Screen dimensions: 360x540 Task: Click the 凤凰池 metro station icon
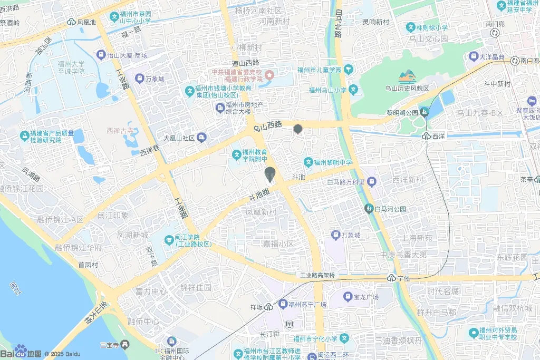click(x=71, y=22)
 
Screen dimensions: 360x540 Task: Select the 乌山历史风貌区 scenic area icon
click(x=407, y=77)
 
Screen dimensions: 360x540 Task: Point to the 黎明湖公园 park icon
click(x=425, y=112)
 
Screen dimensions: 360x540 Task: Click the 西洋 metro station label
click(x=439, y=136)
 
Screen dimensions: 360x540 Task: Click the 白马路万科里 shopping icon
click(x=372, y=182)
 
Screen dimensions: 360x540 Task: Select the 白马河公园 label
click(x=391, y=209)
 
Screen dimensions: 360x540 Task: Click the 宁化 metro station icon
click(x=391, y=278)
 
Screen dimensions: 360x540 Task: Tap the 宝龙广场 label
click(x=367, y=297)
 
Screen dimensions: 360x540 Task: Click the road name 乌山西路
click(x=267, y=127)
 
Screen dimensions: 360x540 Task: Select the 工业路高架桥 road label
click(x=317, y=275)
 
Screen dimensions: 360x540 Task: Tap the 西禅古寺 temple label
click(x=118, y=130)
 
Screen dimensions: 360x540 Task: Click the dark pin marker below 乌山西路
click(x=298, y=129)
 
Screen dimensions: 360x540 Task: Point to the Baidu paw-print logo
click(x=21, y=350)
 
